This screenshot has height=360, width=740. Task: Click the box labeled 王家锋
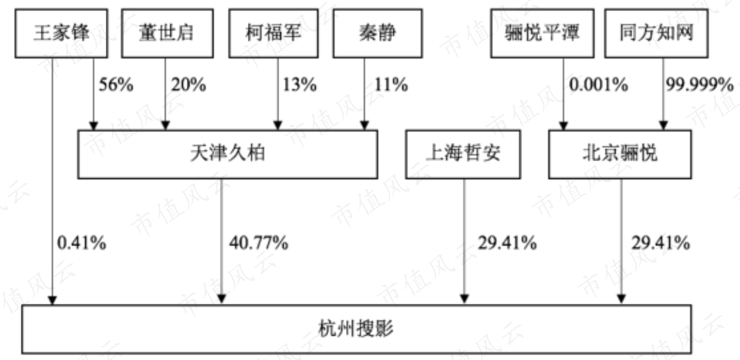tap(61, 34)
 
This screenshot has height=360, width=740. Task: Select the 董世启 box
tap(167, 34)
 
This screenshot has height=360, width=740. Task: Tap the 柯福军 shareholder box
tap(273, 34)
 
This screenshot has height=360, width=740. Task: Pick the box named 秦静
tap(377, 34)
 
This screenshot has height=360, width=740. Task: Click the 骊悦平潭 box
tap(542, 34)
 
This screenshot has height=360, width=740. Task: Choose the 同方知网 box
tap(657, 34)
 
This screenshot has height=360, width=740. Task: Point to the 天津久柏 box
tap(228, 154)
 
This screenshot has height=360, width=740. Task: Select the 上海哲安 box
tap(463, 154)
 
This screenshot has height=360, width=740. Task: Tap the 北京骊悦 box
tap(620, 154)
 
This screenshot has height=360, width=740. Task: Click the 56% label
tap(115, 85)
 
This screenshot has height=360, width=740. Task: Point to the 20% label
tap(188, 85)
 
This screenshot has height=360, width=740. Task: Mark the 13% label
tap(299, 85)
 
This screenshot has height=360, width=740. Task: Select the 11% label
tap(391, 85)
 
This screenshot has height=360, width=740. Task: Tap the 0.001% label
tap(599, 85)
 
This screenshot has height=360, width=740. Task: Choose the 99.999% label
tap(700, 85)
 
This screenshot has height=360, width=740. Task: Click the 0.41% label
tap(82, 243)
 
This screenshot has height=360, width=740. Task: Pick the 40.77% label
tap(259, 243)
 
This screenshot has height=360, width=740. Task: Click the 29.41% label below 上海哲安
tap(507, 243)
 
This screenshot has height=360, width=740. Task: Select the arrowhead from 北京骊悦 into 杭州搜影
tap(621, 299)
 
